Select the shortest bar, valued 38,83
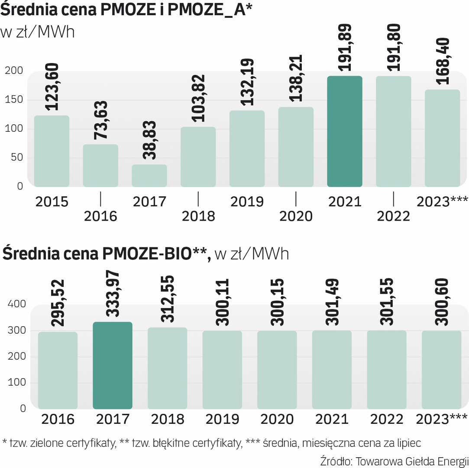pyautogui.click(x=149, y=175)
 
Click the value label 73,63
pyautogui.click(x=100, y=120)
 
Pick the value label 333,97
pyautogui.click(x=112, y=295)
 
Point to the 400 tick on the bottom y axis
pyautogui.click(x=17, y=304)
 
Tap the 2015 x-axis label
pyautogui.click(x=52, y=202)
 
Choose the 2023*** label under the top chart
pyautogui.click(x=442, y=202)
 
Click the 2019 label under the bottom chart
pyautogui.click(x=222, y=419)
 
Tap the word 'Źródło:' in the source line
pyautogui.click(x=336, y=460)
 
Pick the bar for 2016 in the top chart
pyautogui.click(x=100, y=166)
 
